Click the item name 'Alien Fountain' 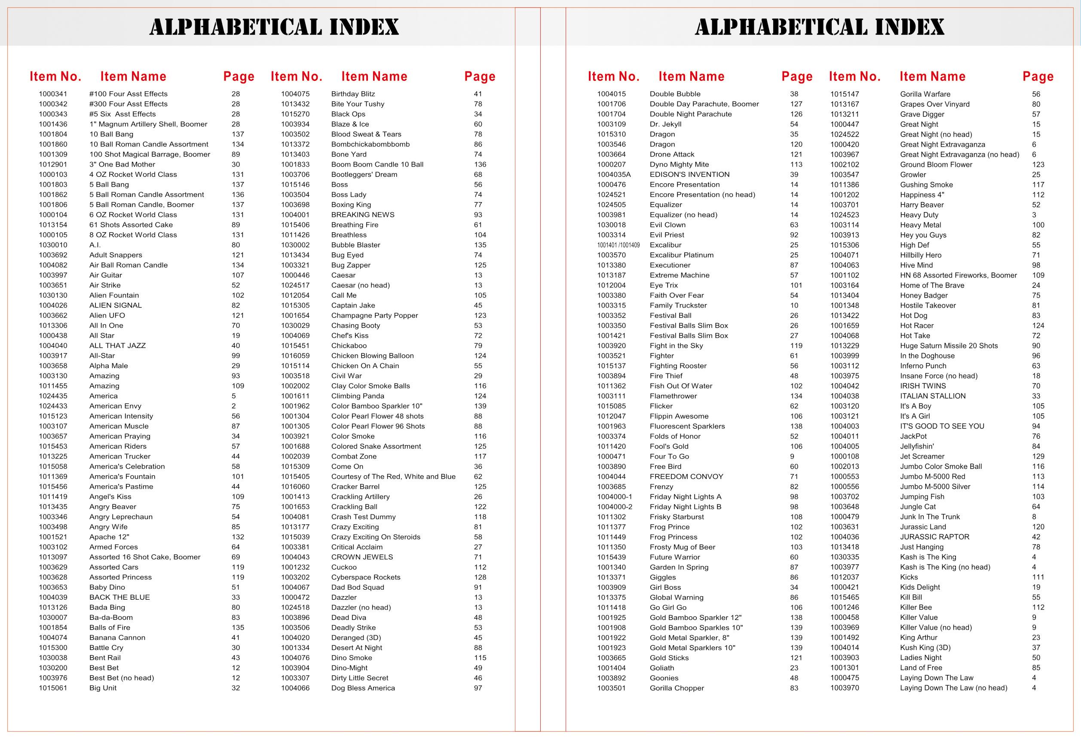pyautogui.click(x=114, y=295)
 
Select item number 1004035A pyautogui.click(x=614, y=175)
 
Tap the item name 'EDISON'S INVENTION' pyautogui.click(x=689, y=175)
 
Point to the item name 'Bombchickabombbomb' pyautogui.click(x=370, y=144)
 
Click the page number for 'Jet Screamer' pyautogui.click(x=1038, y=456)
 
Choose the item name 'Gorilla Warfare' pyautogui.click(x=925, y=94)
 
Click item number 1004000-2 pyautogui.click(x=615, y=507)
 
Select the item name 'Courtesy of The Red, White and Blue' pyautogui.click(x=393, y=477)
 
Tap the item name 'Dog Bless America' pyautogui.click(x=363, y=688)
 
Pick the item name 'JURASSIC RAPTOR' pyautogui.click(x=934, y=537)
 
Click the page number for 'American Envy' pyautogui.click(x=233, y=406)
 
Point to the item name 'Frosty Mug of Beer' pyautogui.click(x=683, y=547)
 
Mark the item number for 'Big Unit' pyautogui.click(x=53, y=688)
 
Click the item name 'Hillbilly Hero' pyautogui.click(x=921, y=255)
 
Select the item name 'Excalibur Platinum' pyautogui.click(x=681, y=255)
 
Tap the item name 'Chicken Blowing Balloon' pyautogui.click(x=372, y=356)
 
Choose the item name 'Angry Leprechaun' pyautogui.click(x=121, y=517)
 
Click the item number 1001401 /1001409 pyautogui.click(x=618, y=245)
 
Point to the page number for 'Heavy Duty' pyautogui.click(x=1034, y=215)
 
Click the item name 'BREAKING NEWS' pyautogui.click(x=362, y=215)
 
